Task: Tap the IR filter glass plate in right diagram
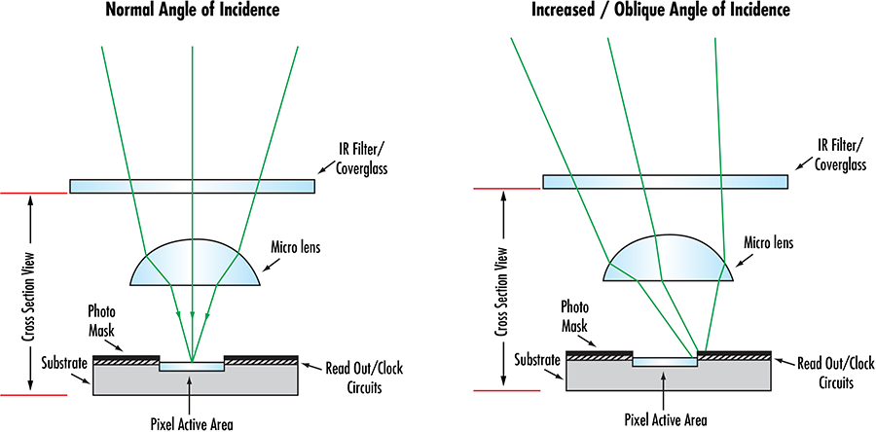pyautogui.click(x=665, y=181)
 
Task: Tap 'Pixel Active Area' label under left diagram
pyautogui.click(x=193, y=422)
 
